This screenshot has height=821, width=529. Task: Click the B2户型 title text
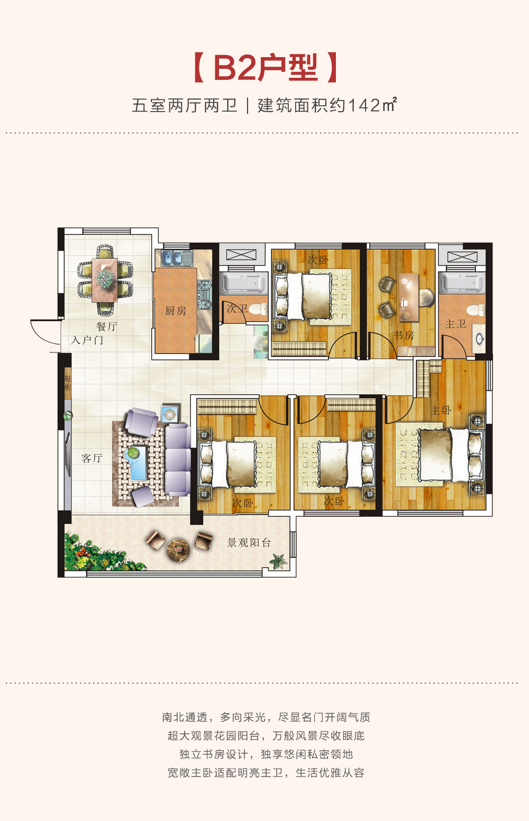click(266, 68)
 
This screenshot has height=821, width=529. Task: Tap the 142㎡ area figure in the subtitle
click(372, 105)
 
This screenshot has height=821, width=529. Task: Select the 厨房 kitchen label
click(176, 311)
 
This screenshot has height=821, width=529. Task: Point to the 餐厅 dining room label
click(107, 326)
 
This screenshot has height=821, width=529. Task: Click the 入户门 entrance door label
click(87, 340)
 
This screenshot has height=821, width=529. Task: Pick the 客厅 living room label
click(92, 458)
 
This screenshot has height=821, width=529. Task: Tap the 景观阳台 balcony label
click(249, 543)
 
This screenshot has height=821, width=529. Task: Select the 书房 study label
click(404, 335)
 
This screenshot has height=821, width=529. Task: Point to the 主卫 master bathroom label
click(455, 324)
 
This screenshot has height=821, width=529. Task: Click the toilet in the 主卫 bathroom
click(476, 310)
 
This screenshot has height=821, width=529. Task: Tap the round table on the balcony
click(178, 550)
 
